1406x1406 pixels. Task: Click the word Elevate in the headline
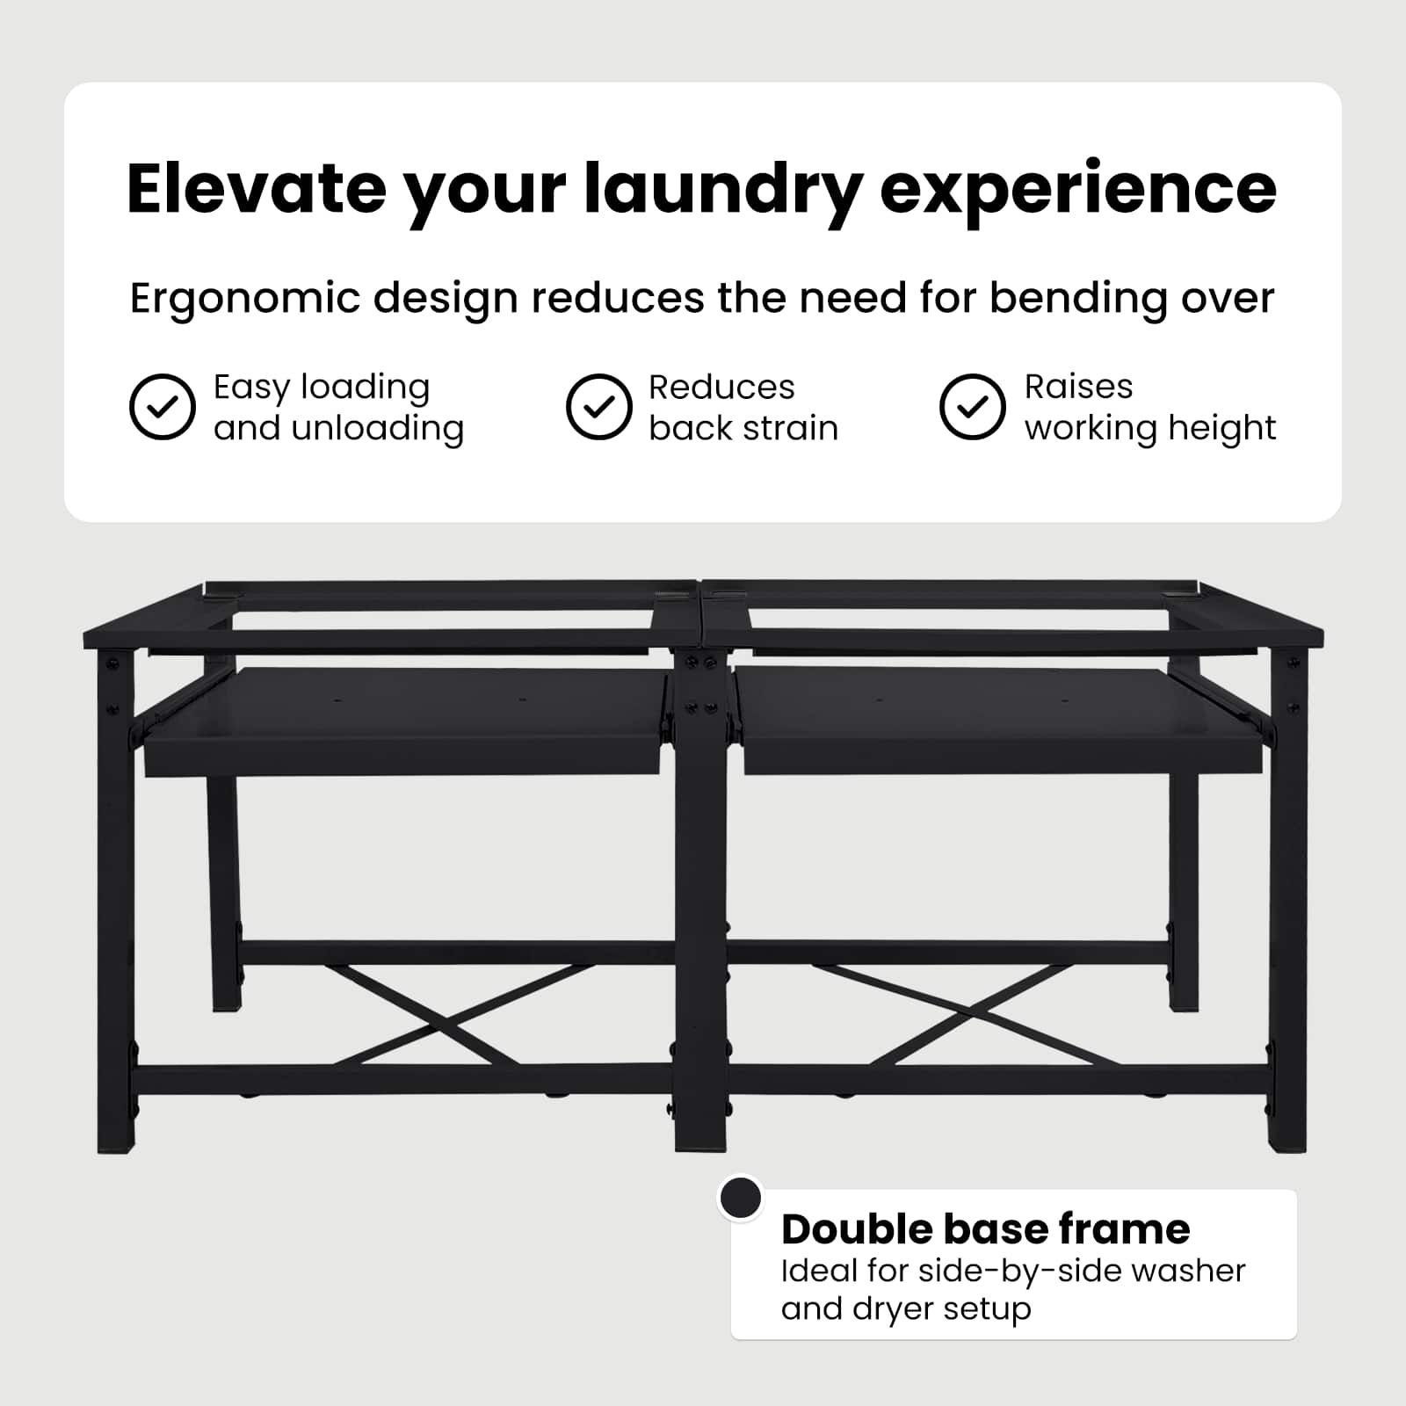(x=257, y=189)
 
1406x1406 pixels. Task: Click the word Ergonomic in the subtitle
(x=244, y=300)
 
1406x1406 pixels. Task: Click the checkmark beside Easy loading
(x=163, y=407)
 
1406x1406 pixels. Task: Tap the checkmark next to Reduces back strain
(x=599, y=407)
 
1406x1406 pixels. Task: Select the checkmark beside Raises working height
(x=972, y=407)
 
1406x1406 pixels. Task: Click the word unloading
(x=378, y=429)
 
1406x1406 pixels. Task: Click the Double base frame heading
(x=986, y=1228)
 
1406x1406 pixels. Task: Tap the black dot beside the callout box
(x=741, y=1198)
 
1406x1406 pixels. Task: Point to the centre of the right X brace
(x=939, y=1015)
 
